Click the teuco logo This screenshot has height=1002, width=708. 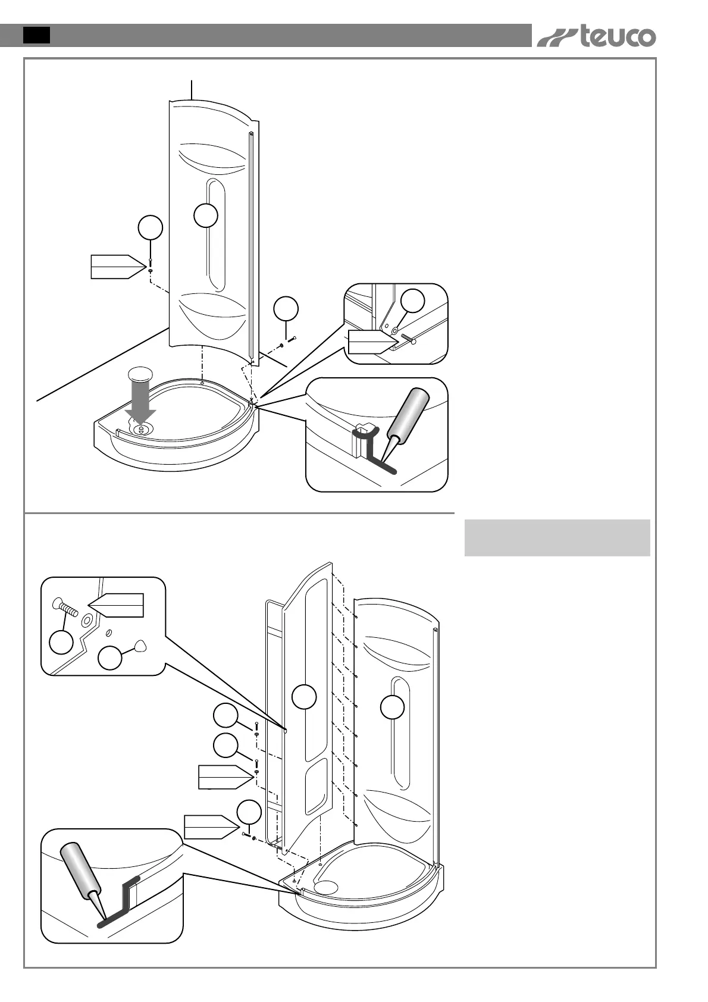click(596, 37)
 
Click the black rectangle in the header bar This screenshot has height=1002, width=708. click(36, 35)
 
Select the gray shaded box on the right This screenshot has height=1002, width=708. click(557, 538)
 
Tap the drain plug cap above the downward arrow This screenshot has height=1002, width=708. click(140, 374)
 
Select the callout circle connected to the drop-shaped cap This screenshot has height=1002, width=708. click(110, 659)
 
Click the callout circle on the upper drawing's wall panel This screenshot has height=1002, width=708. click(206, 215)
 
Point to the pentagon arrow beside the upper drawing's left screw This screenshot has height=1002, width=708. click(118, 267)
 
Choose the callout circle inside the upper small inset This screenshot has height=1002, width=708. click(412, 301)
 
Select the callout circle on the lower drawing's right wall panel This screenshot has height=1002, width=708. click(393, 707)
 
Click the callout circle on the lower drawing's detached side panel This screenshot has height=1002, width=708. click(304, 697)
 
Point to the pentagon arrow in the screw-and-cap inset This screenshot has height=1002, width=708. click(119, 606)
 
